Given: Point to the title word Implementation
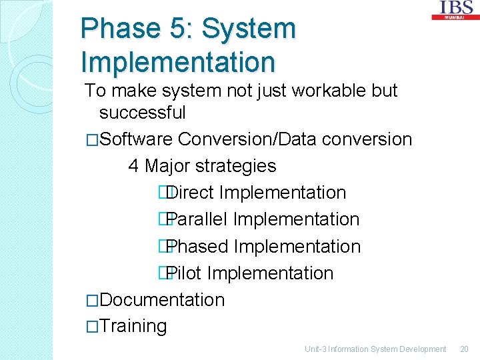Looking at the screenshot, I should [x=177, y=62].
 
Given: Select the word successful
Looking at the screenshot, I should [x=142, y=113].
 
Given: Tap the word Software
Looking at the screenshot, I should [x=137, y=139].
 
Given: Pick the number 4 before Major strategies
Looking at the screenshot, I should [x=133, y=166].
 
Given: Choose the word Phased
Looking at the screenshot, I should [x=198, y=246].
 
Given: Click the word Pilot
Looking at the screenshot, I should [x=185, y=273].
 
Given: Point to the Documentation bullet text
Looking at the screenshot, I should [x=162, y=299].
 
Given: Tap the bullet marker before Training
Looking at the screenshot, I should [x=92, y=327].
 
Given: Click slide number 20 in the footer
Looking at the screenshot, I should [x=464, y=349].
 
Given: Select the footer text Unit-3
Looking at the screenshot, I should [x=317, y=349].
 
